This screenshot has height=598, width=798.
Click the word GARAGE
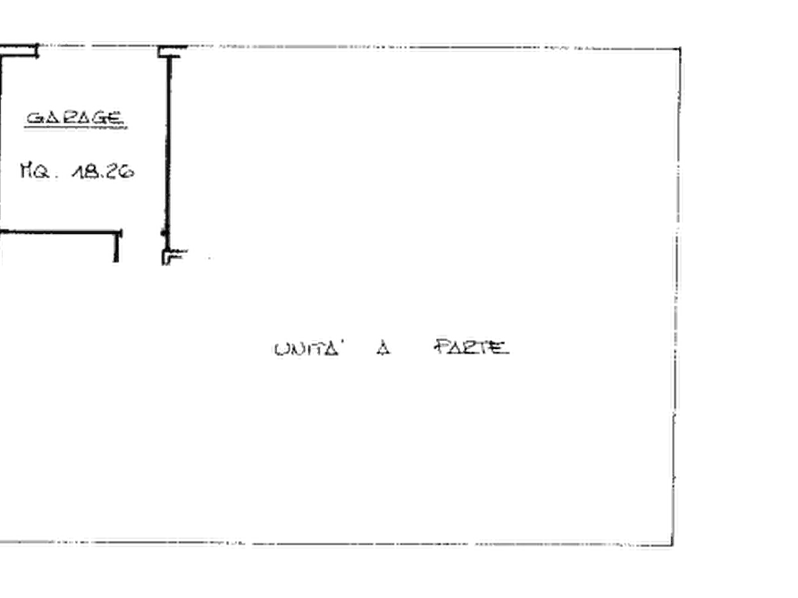click(74, 118)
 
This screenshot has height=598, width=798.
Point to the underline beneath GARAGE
click(75, 128)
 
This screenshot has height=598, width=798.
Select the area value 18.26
click(104, 171)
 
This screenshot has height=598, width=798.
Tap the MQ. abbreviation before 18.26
click(35, 170)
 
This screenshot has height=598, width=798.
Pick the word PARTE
click(472, 347)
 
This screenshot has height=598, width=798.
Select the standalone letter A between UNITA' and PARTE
click(383, 348)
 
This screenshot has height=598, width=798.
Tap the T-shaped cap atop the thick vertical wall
click(172, 51)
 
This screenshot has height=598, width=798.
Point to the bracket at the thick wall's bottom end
click(173, 256)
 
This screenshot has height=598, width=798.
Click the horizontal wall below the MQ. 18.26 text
click(60, 232)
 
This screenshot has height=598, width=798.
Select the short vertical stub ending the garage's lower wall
click(116, 247)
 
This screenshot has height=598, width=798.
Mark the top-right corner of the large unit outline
click(680, 49)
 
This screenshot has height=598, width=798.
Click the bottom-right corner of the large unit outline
click(673, 545)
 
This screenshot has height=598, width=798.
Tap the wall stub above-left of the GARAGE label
click(20, 52)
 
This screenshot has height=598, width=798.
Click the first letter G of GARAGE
click(35, 118)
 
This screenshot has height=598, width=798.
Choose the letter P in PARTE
click(441, 347)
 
